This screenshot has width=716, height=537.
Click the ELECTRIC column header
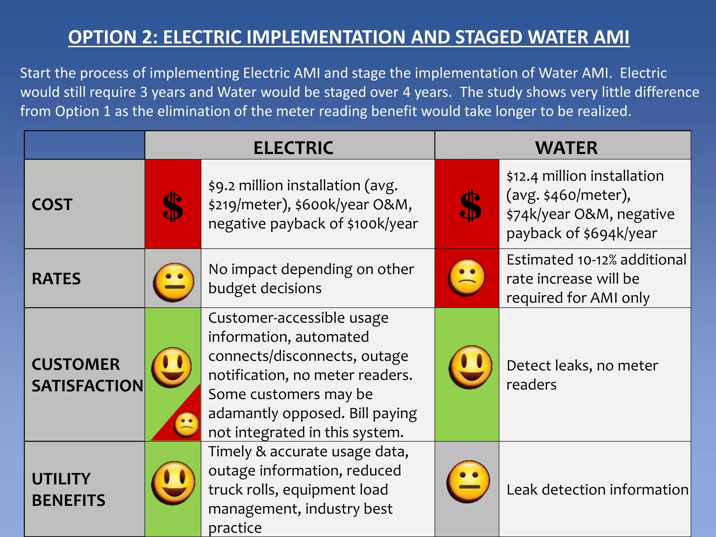pos(293,148)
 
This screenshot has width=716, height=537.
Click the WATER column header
pos(566,148)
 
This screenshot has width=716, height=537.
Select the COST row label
pos(52,204)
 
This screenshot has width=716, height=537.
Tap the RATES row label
pos(56,279)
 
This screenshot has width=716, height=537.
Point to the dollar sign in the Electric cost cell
pos(173,206)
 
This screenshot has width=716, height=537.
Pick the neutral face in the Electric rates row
pos(173,282)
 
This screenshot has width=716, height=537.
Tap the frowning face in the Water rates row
pos(466,277)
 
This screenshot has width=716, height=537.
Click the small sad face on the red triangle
pos(186,425)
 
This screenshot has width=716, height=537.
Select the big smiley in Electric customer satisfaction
pos(171,367)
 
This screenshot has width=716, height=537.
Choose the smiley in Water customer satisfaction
pos(470,367)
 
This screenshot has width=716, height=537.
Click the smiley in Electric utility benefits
pos(173,483)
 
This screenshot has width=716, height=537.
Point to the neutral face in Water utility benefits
pos(468,481)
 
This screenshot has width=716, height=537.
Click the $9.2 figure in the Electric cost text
pos(222,186)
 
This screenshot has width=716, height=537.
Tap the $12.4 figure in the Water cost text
pos(522,176)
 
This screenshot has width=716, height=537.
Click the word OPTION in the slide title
pos(102,37)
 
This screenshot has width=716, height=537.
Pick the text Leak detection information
pos(597,489)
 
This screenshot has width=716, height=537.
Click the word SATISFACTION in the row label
pos(87,386)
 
